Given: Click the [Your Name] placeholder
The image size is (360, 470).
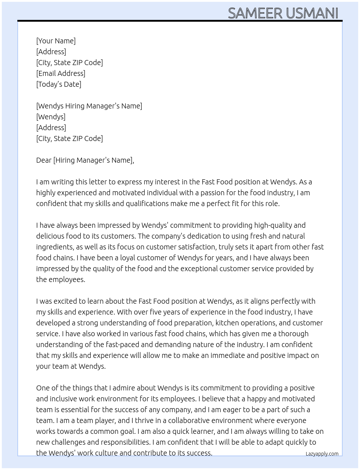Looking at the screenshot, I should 56,41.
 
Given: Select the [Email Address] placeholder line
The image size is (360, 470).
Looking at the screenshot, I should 61,73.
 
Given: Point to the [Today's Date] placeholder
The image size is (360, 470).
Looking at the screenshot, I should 59,84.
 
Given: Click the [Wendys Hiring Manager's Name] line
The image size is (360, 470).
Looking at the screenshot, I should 89,106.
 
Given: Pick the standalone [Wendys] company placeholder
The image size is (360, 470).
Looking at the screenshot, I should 51,117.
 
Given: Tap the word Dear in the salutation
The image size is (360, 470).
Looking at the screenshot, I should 44,160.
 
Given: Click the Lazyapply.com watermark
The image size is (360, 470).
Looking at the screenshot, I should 322,454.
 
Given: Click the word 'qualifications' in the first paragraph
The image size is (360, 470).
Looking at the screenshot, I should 147,204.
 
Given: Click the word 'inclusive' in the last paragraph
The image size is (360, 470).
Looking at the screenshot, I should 65,399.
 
